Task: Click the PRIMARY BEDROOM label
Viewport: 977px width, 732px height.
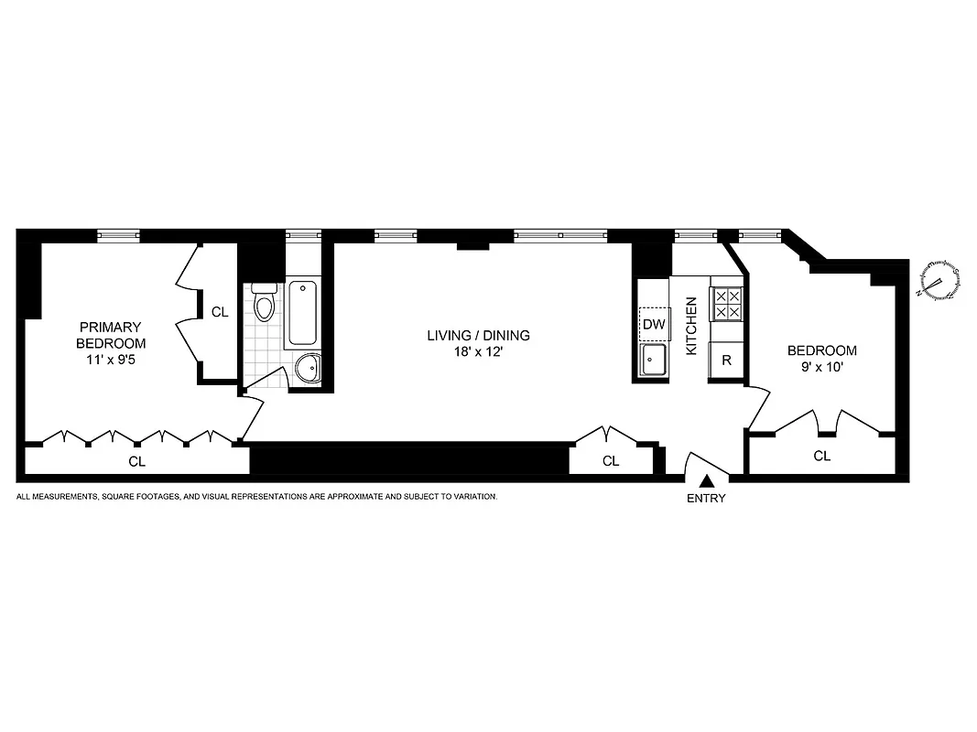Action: click(111, 335)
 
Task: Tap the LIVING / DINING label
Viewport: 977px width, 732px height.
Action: click(478, 335)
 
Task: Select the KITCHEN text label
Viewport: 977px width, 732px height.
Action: click(692, 326)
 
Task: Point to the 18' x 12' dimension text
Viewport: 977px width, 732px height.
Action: click(478, 351)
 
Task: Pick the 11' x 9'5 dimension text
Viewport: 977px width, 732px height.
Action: click(111, 360)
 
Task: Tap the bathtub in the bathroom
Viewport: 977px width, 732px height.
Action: click(304, 313)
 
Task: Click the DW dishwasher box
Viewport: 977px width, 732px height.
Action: click(653, 324)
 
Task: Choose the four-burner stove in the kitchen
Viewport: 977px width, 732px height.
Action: click(727, 304)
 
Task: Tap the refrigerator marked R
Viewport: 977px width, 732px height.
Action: click(726, 360)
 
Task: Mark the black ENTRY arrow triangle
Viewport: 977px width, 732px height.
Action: click(706, 480)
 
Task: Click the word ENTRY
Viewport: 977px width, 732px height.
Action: click(706, 499)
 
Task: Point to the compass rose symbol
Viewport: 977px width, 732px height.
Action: click(939, 281)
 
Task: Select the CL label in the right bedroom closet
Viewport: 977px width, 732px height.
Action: click(821, 456)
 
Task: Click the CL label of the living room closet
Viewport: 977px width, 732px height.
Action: click(611, 461)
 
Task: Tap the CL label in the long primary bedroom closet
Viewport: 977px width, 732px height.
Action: click(136, 461)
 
